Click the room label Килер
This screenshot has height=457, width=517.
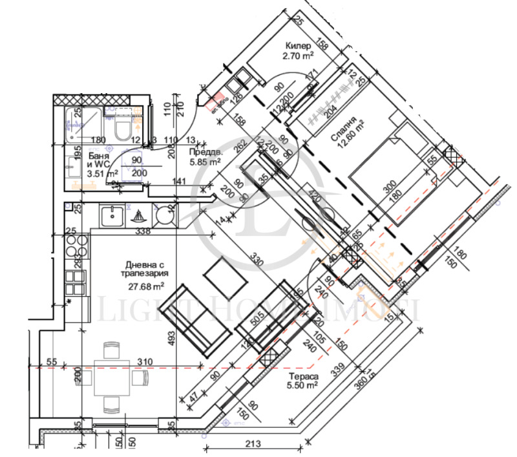[x=297, y=47]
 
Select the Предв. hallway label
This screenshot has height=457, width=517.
[x=202, y=153]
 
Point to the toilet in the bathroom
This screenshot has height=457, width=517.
[x=120, y=129]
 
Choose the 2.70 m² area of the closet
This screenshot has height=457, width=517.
[x=297, y=57]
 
